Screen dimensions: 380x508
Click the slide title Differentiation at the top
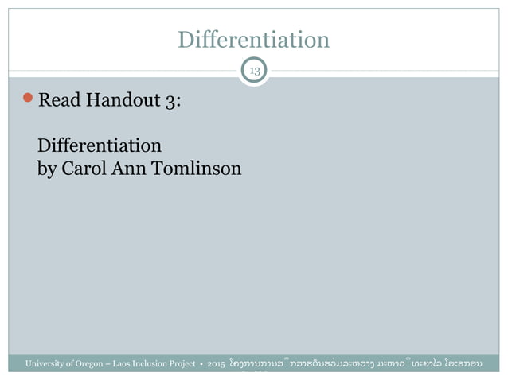(x=253, y=39)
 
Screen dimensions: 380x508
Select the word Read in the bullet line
(x=57, y=103)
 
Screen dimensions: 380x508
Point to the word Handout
(x=119, y=103)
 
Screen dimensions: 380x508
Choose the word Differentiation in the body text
(x=100, y=146)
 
